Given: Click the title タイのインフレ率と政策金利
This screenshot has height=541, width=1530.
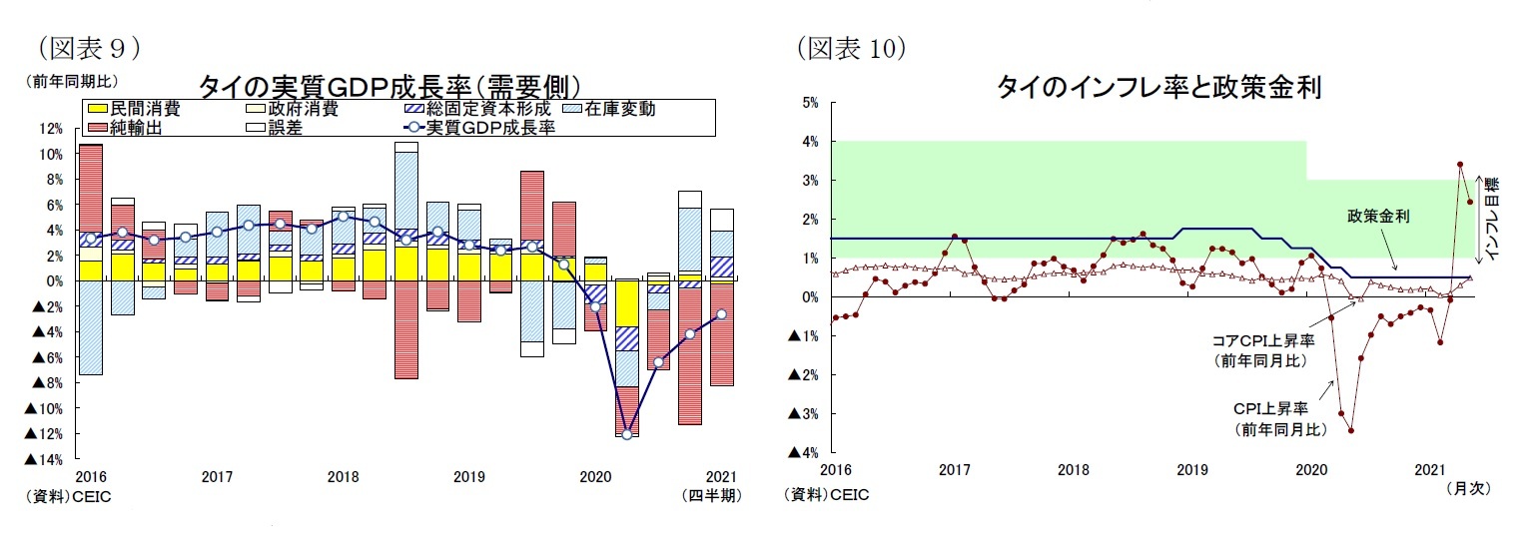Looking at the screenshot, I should click(1158, 88).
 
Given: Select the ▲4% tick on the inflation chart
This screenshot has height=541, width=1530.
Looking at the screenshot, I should click(804, 452).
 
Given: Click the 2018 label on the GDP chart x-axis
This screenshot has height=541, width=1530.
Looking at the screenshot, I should click(343, 477).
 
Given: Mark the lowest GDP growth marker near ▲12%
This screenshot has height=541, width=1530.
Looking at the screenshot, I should click(626, 434).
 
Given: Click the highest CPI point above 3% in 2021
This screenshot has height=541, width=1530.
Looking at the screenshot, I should click(1460, 164).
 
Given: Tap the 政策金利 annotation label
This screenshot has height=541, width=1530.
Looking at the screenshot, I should click(1377, 217).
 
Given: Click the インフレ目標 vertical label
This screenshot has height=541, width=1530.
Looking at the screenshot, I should click(1492, 220).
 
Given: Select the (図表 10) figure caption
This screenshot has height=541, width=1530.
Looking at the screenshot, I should click(850, 47).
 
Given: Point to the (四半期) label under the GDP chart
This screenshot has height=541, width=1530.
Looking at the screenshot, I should click(710, 495).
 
